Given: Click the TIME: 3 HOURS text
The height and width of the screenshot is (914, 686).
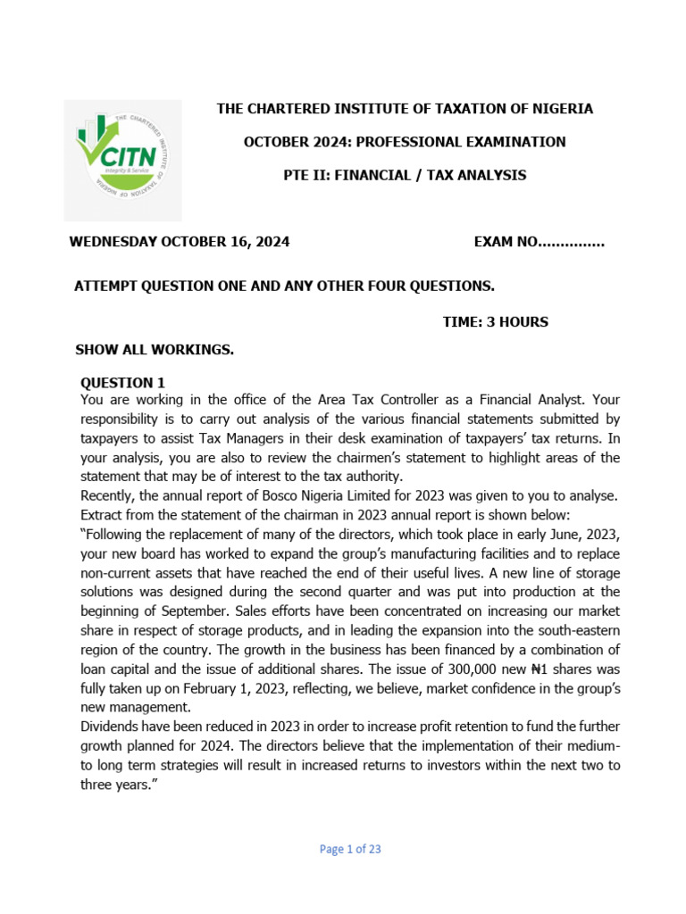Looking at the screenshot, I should (495, 321).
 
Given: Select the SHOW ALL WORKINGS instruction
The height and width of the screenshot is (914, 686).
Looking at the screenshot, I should (155, 349).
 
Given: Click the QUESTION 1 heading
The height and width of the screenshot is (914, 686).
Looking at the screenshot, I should (122, 382).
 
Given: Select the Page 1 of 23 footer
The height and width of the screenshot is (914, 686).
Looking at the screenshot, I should (350, 849).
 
